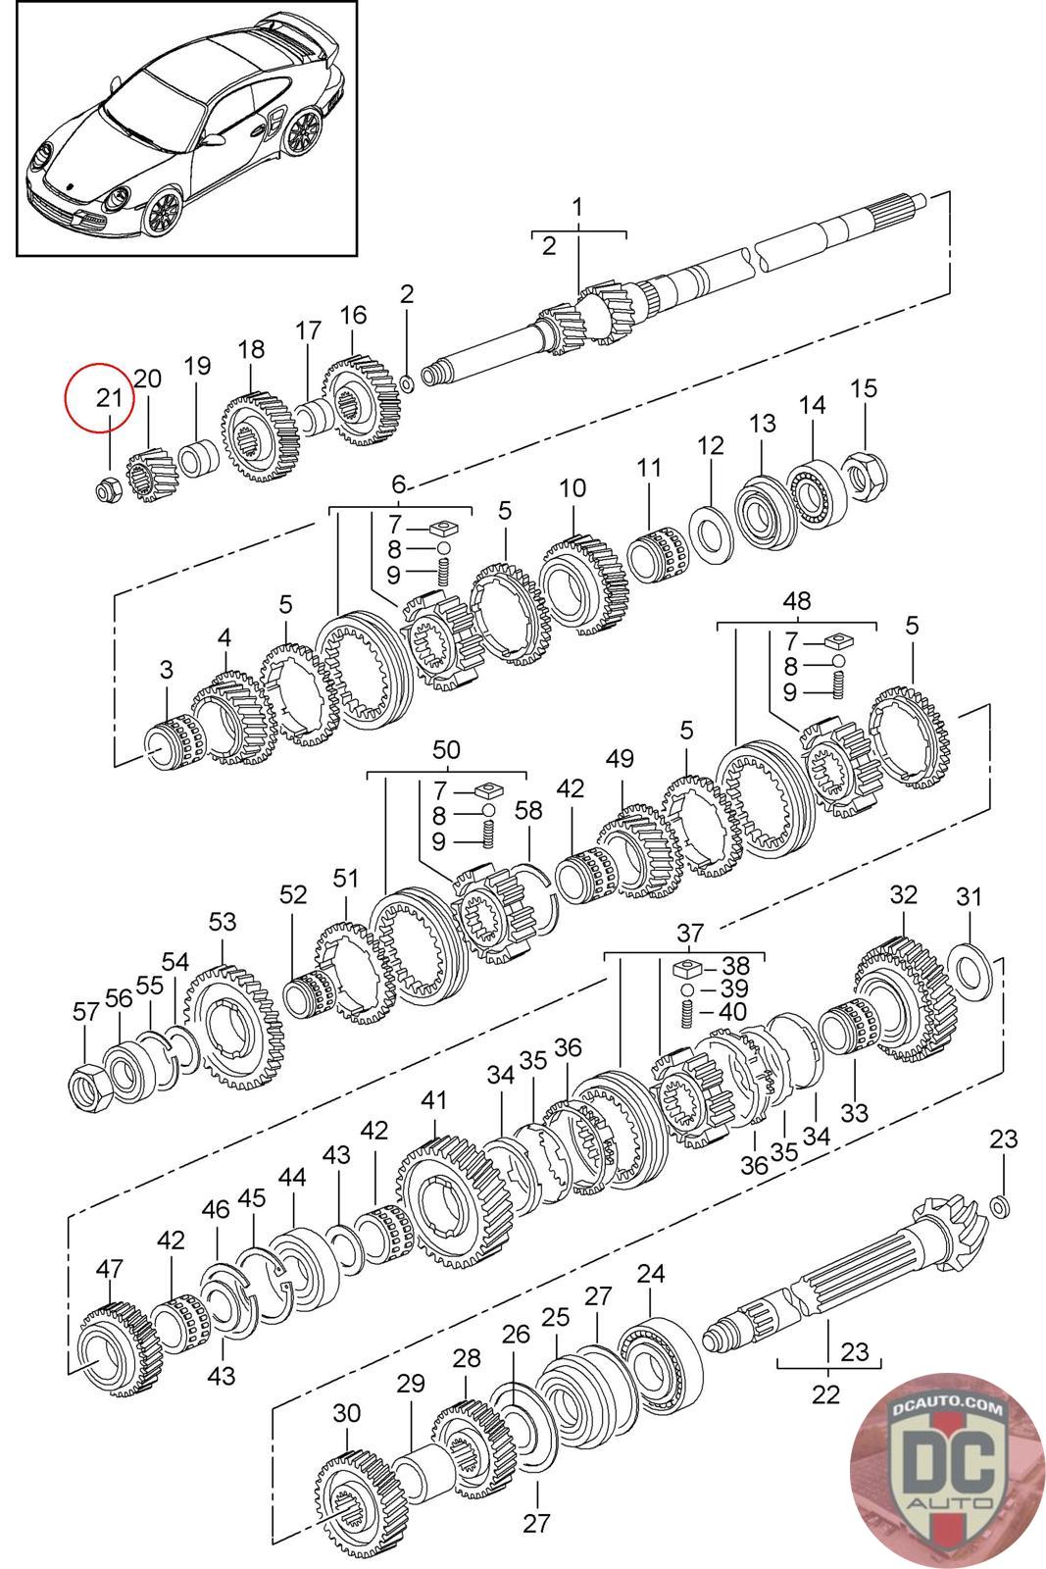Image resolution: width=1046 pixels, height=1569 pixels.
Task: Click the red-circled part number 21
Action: point(109,398)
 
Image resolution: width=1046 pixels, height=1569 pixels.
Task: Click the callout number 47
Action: point(109,1269)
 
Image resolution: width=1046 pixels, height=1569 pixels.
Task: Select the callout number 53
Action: point(223,922)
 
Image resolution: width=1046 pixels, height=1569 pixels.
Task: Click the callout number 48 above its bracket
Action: point(796,600)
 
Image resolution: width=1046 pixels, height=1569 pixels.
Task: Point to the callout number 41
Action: point(433,1100)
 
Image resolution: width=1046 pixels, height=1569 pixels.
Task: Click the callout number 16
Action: point(353,315)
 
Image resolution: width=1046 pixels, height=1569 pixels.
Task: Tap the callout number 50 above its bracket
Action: point(446,750)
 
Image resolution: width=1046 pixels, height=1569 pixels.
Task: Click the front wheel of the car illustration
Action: point(162,209)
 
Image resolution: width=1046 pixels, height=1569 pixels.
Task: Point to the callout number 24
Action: point(650,1274)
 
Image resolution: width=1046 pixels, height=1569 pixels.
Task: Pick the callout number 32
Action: point(903,894)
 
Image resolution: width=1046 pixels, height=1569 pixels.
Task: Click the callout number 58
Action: point(528,810)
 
